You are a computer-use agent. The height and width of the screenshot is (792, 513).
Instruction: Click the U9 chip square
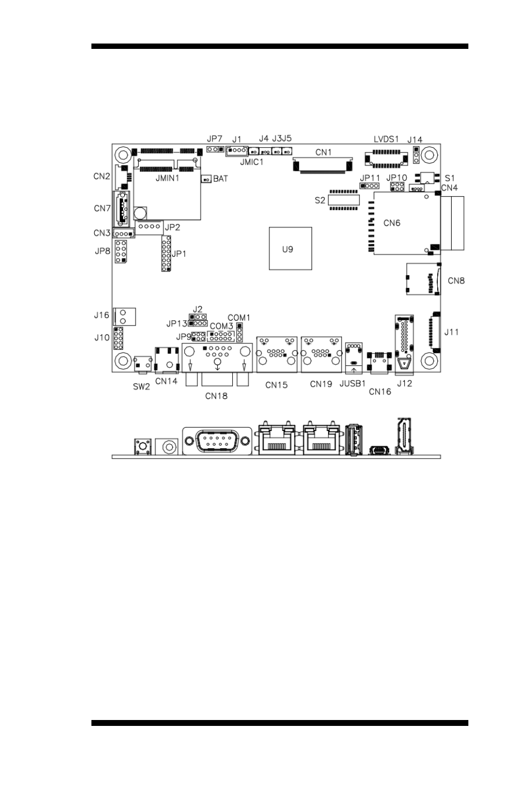[x=290, y=248]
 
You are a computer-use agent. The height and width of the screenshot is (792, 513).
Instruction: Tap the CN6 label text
[x=391, y=223]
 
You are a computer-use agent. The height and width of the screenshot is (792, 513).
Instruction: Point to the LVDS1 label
[x=386, y=139]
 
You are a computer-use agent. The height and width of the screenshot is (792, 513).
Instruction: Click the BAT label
[x=220, y=179]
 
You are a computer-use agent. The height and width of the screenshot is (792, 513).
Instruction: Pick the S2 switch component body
[x=344, y=200]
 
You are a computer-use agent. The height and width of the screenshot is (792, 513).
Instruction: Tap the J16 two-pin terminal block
[x=124, y=316]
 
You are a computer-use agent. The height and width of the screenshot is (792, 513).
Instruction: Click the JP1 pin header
[x=166, y=254]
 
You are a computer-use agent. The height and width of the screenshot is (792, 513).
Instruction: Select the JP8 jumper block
[x=120, y=251]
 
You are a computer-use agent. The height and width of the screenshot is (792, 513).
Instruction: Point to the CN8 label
[x=456, y=280]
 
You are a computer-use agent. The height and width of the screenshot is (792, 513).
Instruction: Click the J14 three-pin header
[x=416, y=155]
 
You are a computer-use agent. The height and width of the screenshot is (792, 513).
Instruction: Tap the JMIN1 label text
[x=167, y=178]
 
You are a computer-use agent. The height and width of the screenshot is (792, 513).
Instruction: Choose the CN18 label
[x=216, y=396]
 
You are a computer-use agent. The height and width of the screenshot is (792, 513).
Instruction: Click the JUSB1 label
[x=352, y=384]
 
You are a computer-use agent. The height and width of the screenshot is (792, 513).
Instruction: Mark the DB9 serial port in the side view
[x=217, y=441]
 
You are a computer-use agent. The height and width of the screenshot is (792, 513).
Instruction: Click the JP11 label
[x=370, y=178]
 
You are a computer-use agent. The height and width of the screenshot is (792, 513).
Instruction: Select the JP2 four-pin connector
[x=149, y=227]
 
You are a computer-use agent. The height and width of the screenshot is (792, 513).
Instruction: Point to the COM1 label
[x=239, y=318]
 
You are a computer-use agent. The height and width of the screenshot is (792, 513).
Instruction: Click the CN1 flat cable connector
[x=323, y=165]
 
